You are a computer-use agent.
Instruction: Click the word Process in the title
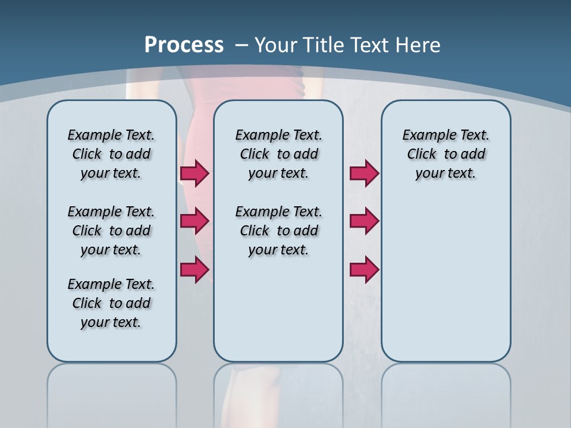coord(184,45)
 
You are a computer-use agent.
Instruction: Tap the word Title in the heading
coord(325,45)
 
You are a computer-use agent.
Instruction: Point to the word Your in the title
coord(277,45)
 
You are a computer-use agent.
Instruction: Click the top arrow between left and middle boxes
coord(194,173)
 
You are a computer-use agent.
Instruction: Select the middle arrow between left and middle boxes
coord(194,221)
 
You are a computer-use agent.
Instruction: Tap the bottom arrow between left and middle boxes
coord(194,269)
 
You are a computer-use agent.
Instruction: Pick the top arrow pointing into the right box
coord(364,173)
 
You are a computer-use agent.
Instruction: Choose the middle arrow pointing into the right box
coord(364,221)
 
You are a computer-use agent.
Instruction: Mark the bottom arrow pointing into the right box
coord(364,269)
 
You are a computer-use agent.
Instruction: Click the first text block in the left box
coord(111,154)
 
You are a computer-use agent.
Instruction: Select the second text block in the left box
coord(111,231)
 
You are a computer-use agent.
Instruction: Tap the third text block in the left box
coord(111,303)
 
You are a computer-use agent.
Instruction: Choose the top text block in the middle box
coord(278,154)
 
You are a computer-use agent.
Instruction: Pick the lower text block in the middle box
coord(278,231)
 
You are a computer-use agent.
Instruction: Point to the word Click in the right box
coord(422,154)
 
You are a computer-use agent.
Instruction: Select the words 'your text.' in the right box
coord(445,173)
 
